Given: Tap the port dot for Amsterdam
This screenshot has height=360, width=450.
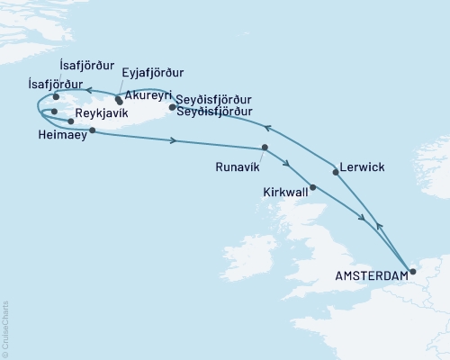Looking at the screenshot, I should [x=412, y=271].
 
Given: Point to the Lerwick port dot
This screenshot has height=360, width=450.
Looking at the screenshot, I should [x=336, y=174].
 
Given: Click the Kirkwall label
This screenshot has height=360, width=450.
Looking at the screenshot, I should [x=285, y=193].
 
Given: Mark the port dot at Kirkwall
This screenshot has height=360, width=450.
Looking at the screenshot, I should [x=312, y=188].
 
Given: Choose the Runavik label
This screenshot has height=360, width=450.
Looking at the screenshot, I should [x=239, y=166].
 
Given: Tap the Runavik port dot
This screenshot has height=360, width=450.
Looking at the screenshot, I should [x=265, y=148].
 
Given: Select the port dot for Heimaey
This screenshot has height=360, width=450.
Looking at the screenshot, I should [x=93, y=130].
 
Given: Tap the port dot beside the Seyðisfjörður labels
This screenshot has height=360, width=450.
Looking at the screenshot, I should [x=172, y=107].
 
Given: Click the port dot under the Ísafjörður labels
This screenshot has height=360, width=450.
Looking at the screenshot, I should [x=56, y=97].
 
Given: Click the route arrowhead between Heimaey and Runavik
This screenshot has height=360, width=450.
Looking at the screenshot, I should [x=172, y=140].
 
